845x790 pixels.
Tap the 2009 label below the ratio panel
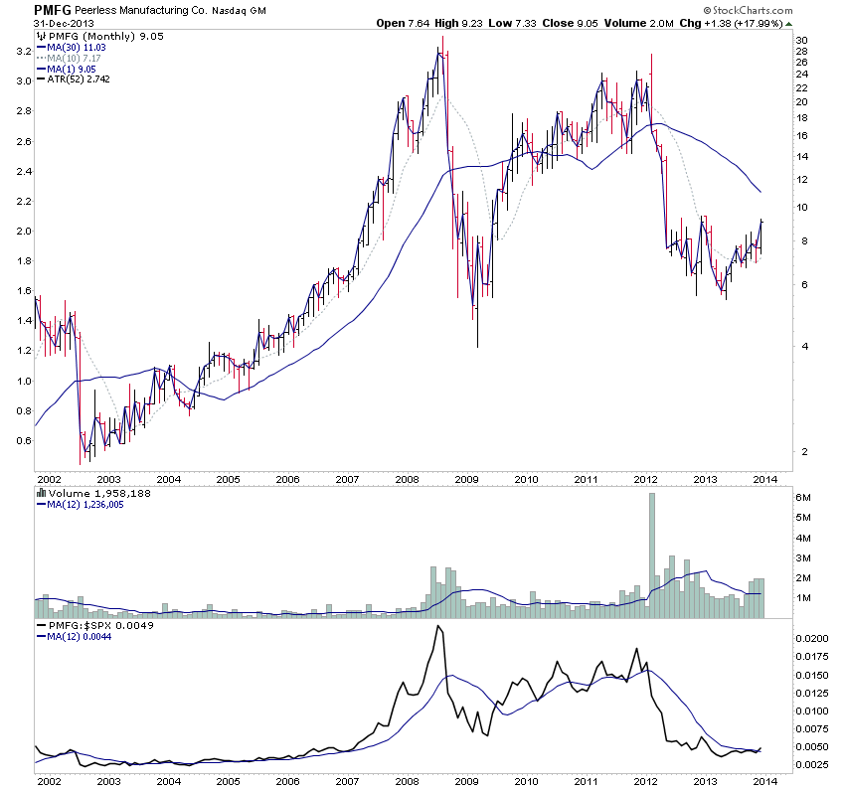tap(467, 781)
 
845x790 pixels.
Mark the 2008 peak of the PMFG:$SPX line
tap(438, 628)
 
